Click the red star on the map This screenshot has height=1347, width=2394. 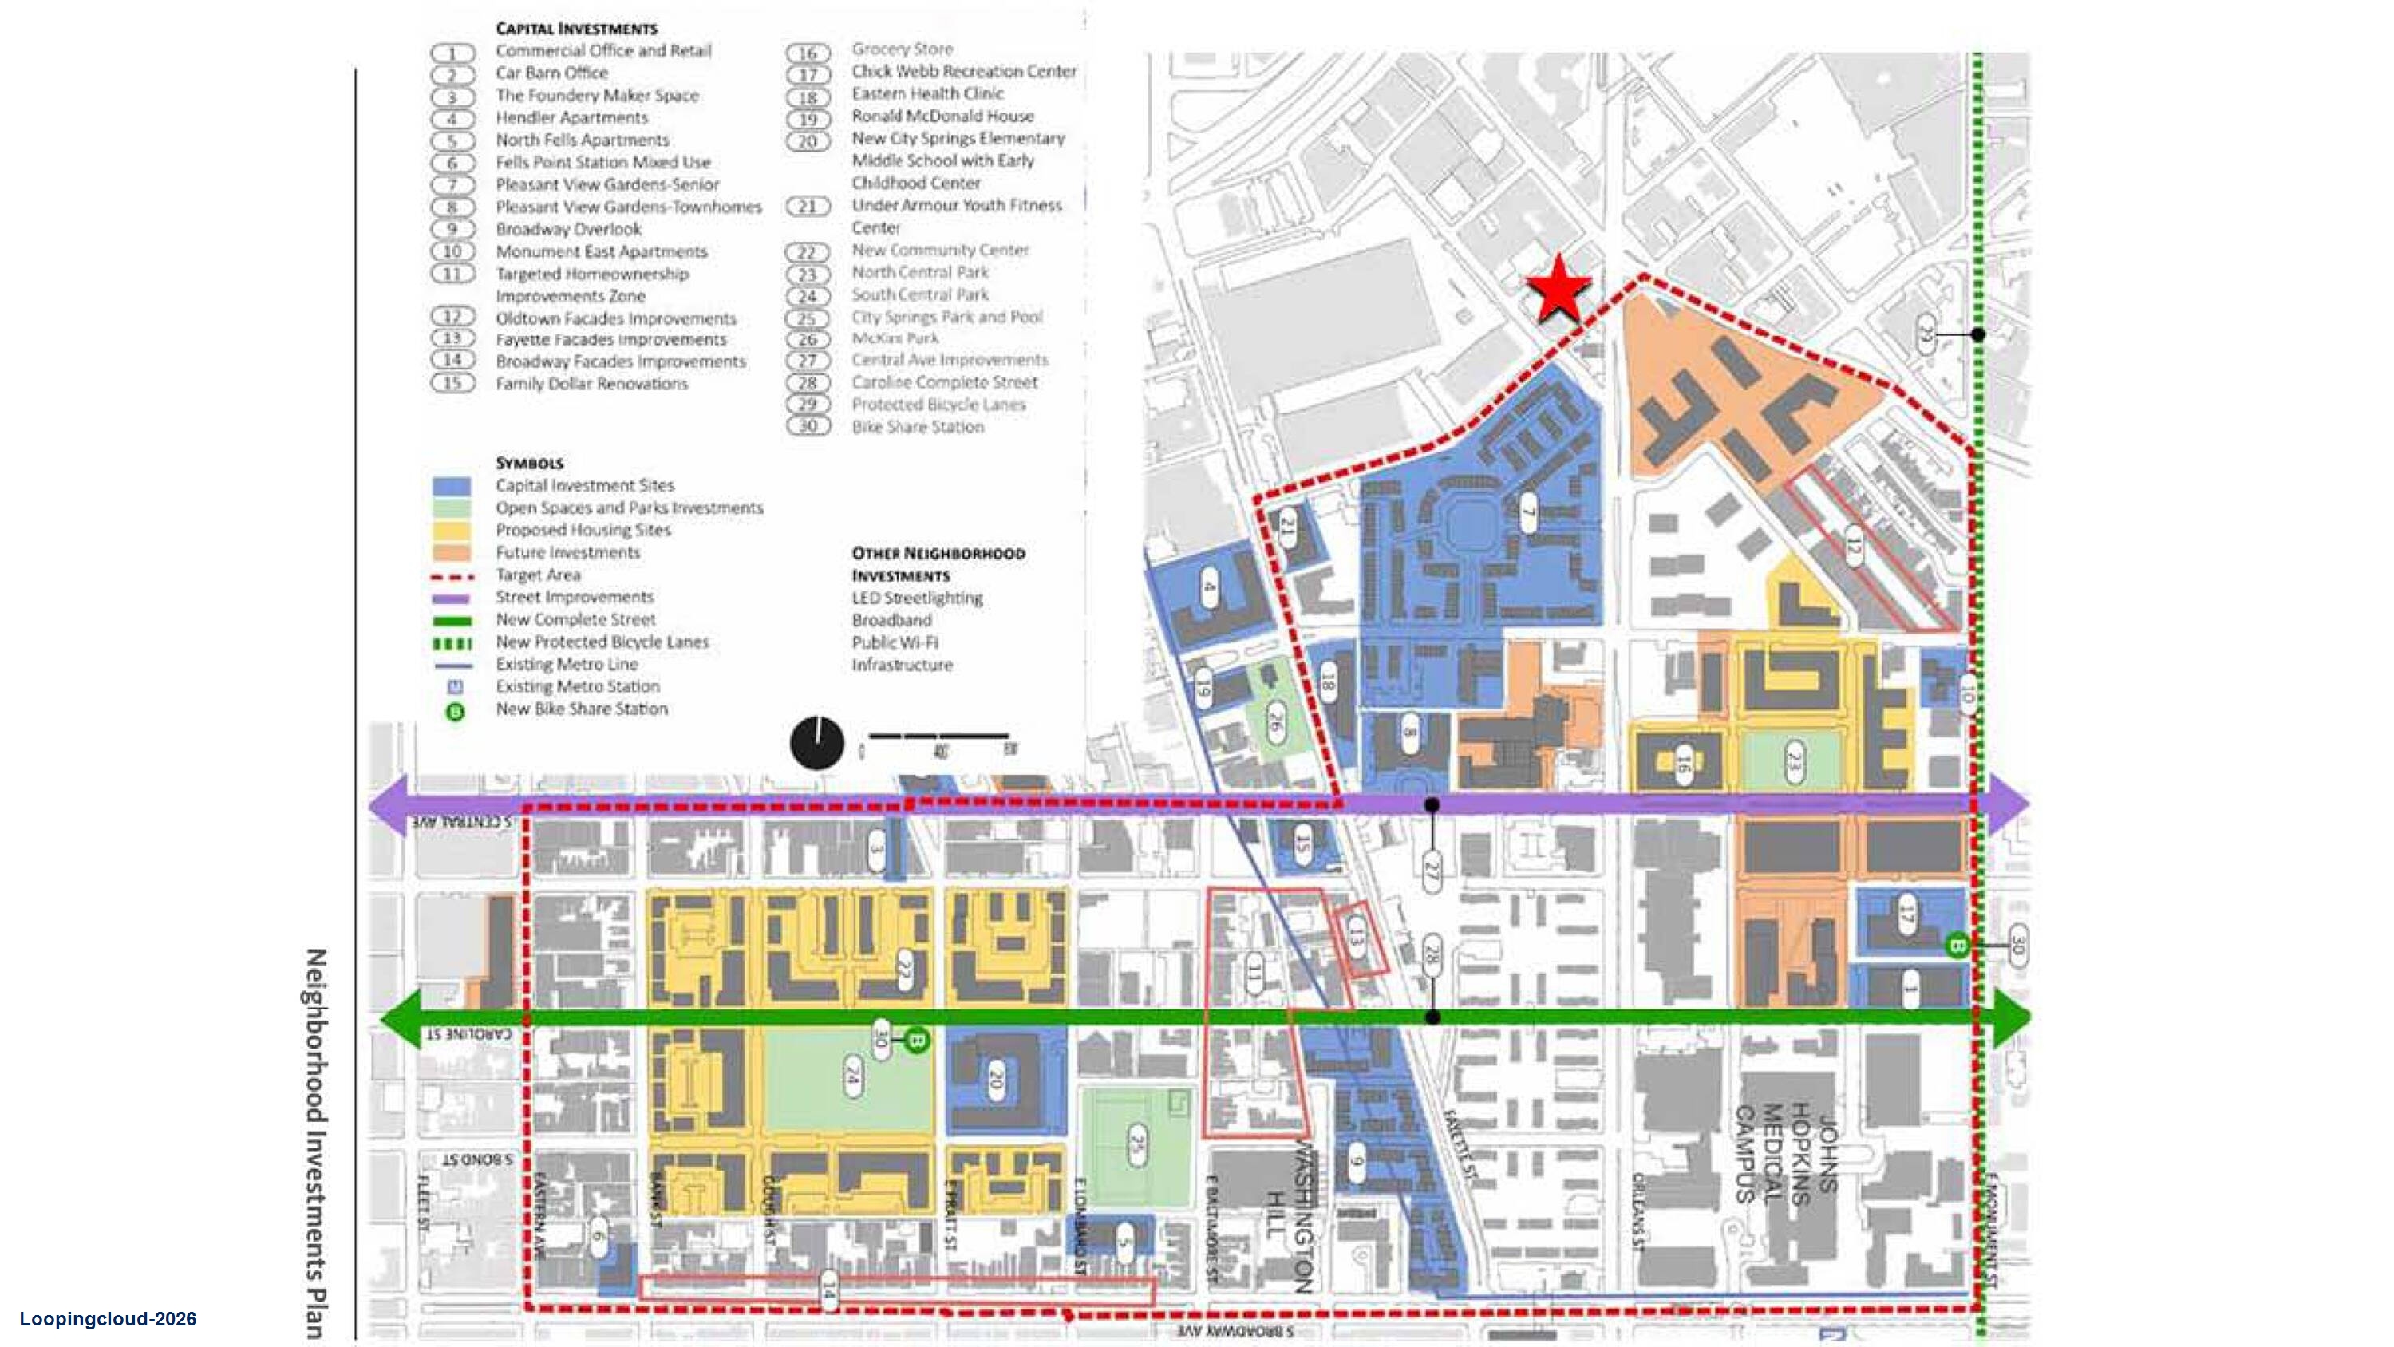click(1558, 289)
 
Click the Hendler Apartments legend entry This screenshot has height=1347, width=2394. click(571, 118)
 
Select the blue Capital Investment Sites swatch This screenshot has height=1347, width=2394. click(452, 486)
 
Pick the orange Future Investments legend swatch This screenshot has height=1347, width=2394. click(452, 553)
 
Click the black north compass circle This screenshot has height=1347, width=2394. click(817, 744)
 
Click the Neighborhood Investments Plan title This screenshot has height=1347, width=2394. click(317, 1143)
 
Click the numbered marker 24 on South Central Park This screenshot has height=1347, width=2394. click(852, 1075)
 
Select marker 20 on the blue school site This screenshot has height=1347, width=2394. click(995, 1078)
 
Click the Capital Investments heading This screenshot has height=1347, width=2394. click(576, 29)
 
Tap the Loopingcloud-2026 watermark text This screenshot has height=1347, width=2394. click(108, 1319)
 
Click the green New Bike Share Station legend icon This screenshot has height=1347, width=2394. click(456, 712)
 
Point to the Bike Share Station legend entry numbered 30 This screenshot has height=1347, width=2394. click(916, 427)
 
